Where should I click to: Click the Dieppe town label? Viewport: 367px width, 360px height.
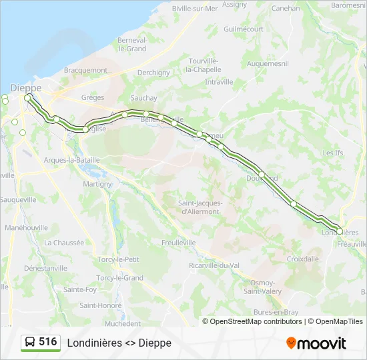pos(26,87)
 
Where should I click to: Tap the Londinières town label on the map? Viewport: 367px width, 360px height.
pos(340,233)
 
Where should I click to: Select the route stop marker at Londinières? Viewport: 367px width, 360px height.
pos(340,231)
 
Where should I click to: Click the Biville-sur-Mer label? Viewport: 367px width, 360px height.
pos(195,9)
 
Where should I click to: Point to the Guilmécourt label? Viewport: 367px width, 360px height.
pos(244,29)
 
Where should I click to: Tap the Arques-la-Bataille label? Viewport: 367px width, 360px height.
pos(71,160)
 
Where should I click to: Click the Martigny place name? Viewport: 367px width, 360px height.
pos(97,184)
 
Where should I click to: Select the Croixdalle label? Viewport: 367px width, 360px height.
pos(302,259)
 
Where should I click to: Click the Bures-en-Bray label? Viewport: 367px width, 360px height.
pos(276,312)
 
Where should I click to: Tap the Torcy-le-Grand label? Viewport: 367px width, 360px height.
pos(119,277)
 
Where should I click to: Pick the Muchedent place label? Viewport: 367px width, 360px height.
pos(123,323)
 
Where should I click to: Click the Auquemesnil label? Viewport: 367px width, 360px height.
pos(267,64)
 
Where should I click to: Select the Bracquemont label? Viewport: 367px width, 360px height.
pos(85,70)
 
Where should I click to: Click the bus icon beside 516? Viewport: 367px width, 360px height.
pos(30,342)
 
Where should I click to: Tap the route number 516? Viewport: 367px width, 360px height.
pos(48,342)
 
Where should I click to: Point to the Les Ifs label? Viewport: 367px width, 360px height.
pos(332,153)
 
